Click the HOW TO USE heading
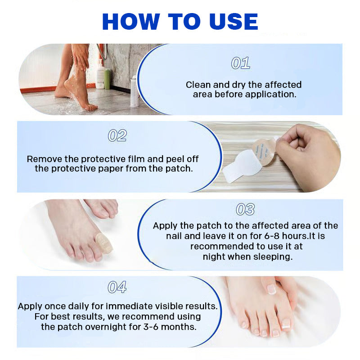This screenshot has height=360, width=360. [180, 22]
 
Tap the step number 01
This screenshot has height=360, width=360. [240, 63]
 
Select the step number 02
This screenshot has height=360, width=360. [117, 135]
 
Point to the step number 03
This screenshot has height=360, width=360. [245, 209]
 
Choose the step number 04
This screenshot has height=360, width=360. [117, 287]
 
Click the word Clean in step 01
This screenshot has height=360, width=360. [198, 85]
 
